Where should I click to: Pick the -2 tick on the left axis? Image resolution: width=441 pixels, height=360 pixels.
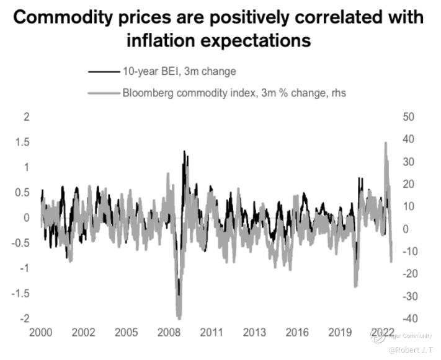24,318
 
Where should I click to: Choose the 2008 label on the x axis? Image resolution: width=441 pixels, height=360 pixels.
169,333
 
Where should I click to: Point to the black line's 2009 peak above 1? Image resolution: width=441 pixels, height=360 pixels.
184,152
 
